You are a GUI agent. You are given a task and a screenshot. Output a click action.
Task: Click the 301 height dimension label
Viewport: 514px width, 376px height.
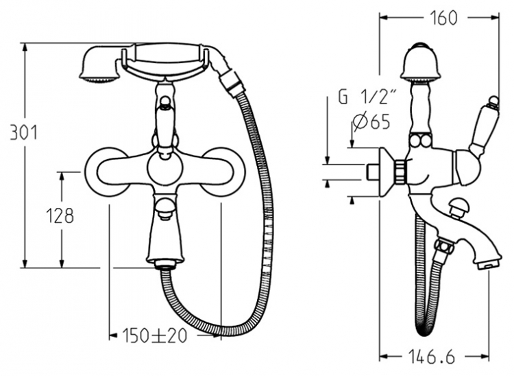point(23,133)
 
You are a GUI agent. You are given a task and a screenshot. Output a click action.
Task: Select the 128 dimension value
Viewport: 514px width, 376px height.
point(60,215)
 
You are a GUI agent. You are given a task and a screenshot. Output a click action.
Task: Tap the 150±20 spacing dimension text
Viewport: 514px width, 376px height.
point(154,336)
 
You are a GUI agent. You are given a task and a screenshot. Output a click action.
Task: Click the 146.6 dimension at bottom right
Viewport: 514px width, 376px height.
point(432,356)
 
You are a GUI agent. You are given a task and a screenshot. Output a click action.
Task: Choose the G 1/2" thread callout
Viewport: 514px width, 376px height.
point(368,97)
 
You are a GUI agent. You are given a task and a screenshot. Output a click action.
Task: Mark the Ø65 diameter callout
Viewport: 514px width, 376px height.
point(371,122)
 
